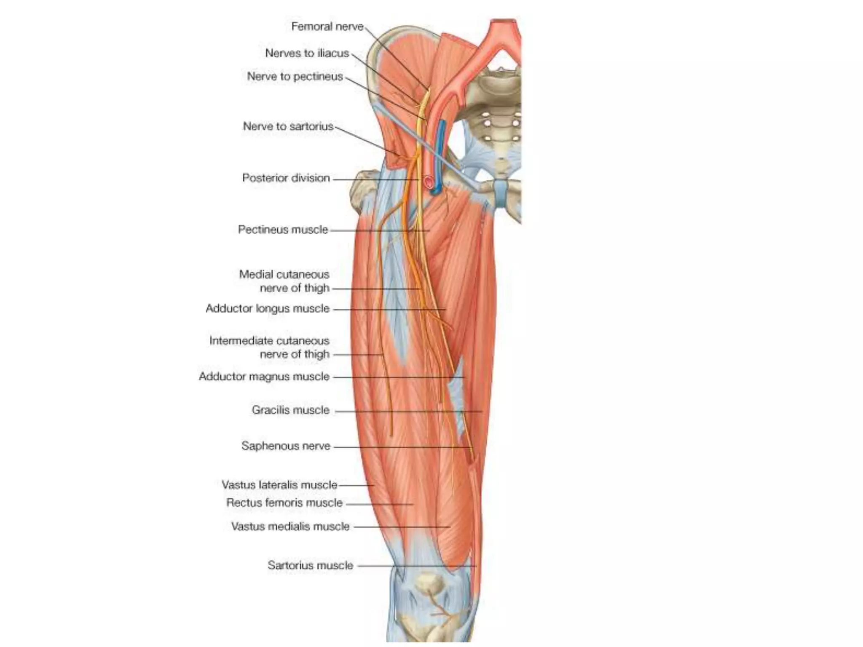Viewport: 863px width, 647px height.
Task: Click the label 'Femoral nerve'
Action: coord(327,27)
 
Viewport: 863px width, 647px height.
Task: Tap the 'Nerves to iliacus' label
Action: coord(307,53)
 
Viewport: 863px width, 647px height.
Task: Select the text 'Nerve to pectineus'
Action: coord(295,76)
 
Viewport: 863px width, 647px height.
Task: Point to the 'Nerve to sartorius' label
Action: coord(288,126)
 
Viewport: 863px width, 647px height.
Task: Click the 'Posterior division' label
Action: coord(286,178)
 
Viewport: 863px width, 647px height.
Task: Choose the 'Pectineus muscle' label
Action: coord(283,230)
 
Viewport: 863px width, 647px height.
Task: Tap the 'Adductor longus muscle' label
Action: coord(267,308)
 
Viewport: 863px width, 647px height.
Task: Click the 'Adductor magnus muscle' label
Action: coord(264,376)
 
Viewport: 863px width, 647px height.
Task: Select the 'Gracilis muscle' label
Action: coord(290,410)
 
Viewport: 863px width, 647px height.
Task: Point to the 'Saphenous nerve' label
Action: coord(286,446)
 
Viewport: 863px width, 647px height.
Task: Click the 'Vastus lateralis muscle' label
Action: coord(279,485)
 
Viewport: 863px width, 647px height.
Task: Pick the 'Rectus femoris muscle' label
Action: coord(284,503)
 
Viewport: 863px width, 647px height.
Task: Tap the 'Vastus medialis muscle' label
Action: coord(290,526)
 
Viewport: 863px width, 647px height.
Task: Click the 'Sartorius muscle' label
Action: coord(310,565)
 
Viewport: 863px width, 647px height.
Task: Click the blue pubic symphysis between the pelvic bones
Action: coord(500,193)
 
